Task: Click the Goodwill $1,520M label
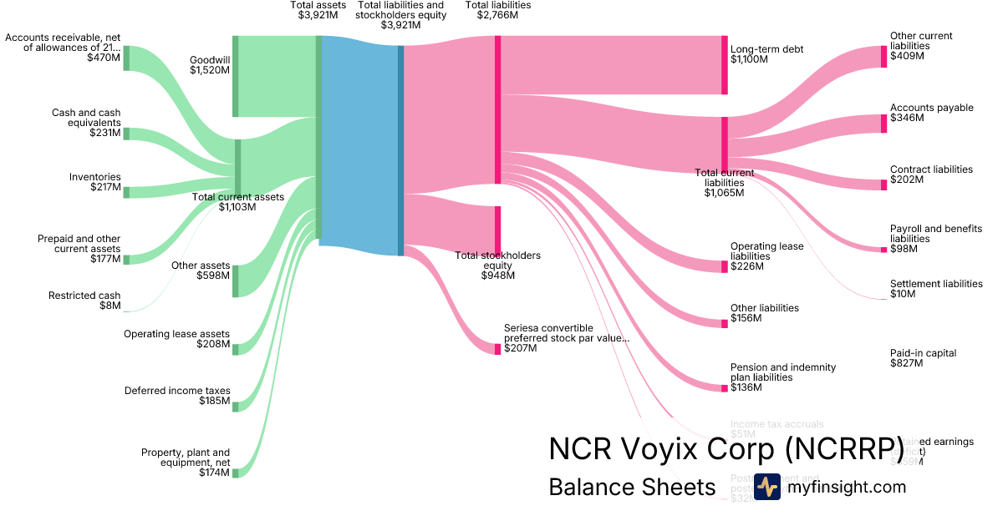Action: (209, 65)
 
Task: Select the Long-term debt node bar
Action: (725, 65)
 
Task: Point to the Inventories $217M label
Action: (94, 182)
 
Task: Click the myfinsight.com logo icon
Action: (766, 487)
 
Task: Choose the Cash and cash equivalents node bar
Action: (126, 134)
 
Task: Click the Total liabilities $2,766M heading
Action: (497, 10)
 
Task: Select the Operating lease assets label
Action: (176, 339)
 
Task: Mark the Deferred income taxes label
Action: (177, 396)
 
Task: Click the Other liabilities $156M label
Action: (764, 313)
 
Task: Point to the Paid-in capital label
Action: (923, 358)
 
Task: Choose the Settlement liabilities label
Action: (936, 289)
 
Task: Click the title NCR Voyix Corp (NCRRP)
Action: (726, 448)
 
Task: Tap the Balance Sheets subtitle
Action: (632, 487)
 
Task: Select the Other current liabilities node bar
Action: (883, 57)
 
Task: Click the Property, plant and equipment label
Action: (185, 463)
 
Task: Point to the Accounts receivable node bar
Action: (126, 58)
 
